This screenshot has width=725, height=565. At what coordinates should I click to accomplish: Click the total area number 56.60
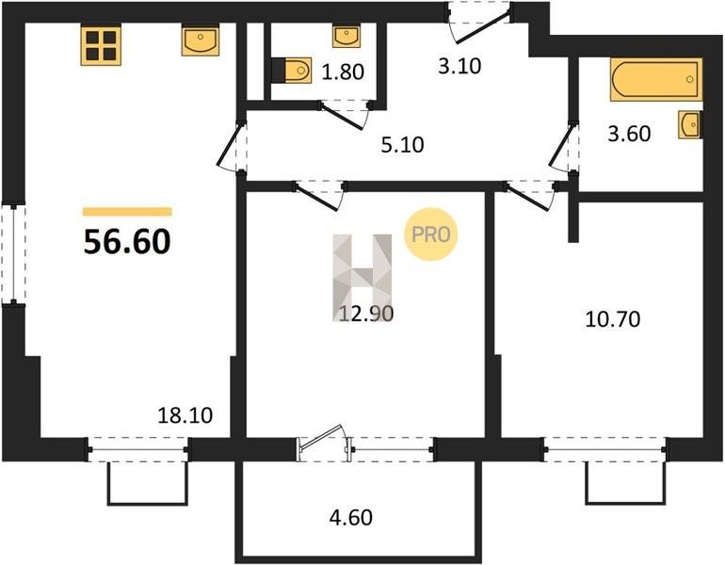[x=127, y=242]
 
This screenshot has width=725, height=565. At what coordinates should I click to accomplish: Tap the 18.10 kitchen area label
[x=185, y=415]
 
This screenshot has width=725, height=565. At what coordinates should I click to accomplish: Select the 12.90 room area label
[x=366, y=314]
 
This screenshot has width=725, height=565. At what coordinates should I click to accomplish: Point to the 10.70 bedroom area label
[x=613, y=319]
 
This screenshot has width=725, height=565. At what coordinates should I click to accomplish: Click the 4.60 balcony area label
[x=351, y=517]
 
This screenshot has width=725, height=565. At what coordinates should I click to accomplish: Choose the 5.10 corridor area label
[x=402, y=145]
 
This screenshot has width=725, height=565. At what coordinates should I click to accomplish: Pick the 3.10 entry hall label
[x=459, y=66]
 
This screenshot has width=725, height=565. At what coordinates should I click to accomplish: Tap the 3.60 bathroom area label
[x=629, y=134]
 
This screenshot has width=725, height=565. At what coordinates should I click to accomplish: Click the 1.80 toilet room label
[x=343, y=73]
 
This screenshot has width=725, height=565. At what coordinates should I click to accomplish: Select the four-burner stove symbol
[x=101, y=45]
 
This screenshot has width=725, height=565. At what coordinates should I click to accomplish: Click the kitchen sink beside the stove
[x=201, y=40]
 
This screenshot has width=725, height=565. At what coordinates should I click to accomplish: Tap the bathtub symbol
[x=656, y=79]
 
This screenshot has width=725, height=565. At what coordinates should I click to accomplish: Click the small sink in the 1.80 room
[x=346, y=37]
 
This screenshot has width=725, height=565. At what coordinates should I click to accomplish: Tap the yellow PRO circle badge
[x=431, y=234]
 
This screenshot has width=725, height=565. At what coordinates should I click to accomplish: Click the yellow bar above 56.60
[x=127, y=212]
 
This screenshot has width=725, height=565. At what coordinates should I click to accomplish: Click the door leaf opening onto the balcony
[x=320, y=437]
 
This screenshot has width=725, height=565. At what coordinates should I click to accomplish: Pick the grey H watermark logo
[x=362, y=277]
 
